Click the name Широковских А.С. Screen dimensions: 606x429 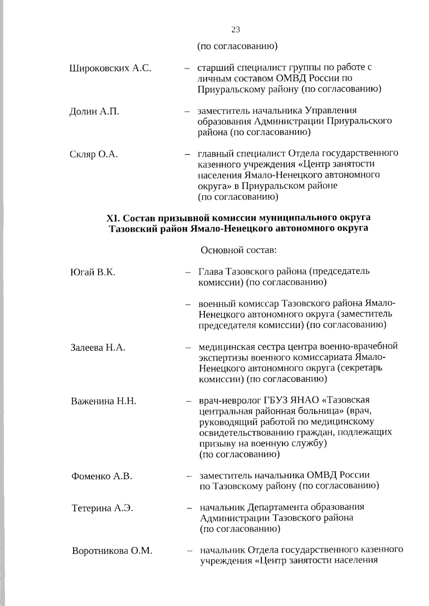point(110,68)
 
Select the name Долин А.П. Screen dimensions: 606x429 point(94,112)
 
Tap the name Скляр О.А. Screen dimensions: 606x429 point(94,155)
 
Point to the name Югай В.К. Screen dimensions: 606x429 point(93,272)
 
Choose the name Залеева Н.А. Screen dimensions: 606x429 point(98,347)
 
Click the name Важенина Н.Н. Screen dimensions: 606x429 point(104,401)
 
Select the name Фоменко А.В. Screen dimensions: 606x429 point(102,476)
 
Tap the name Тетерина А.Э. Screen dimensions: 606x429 point(102,508)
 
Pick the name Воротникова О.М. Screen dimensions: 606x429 point(112,551)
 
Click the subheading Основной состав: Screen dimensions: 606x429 point(239,250)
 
